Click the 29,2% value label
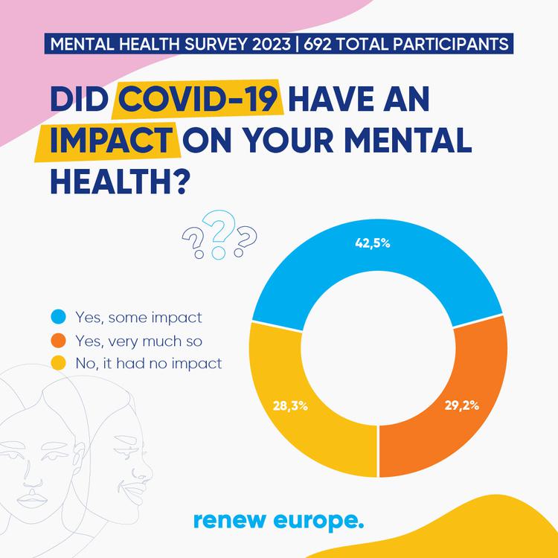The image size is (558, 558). (461, 406)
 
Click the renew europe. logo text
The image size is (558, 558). (278, 520)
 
